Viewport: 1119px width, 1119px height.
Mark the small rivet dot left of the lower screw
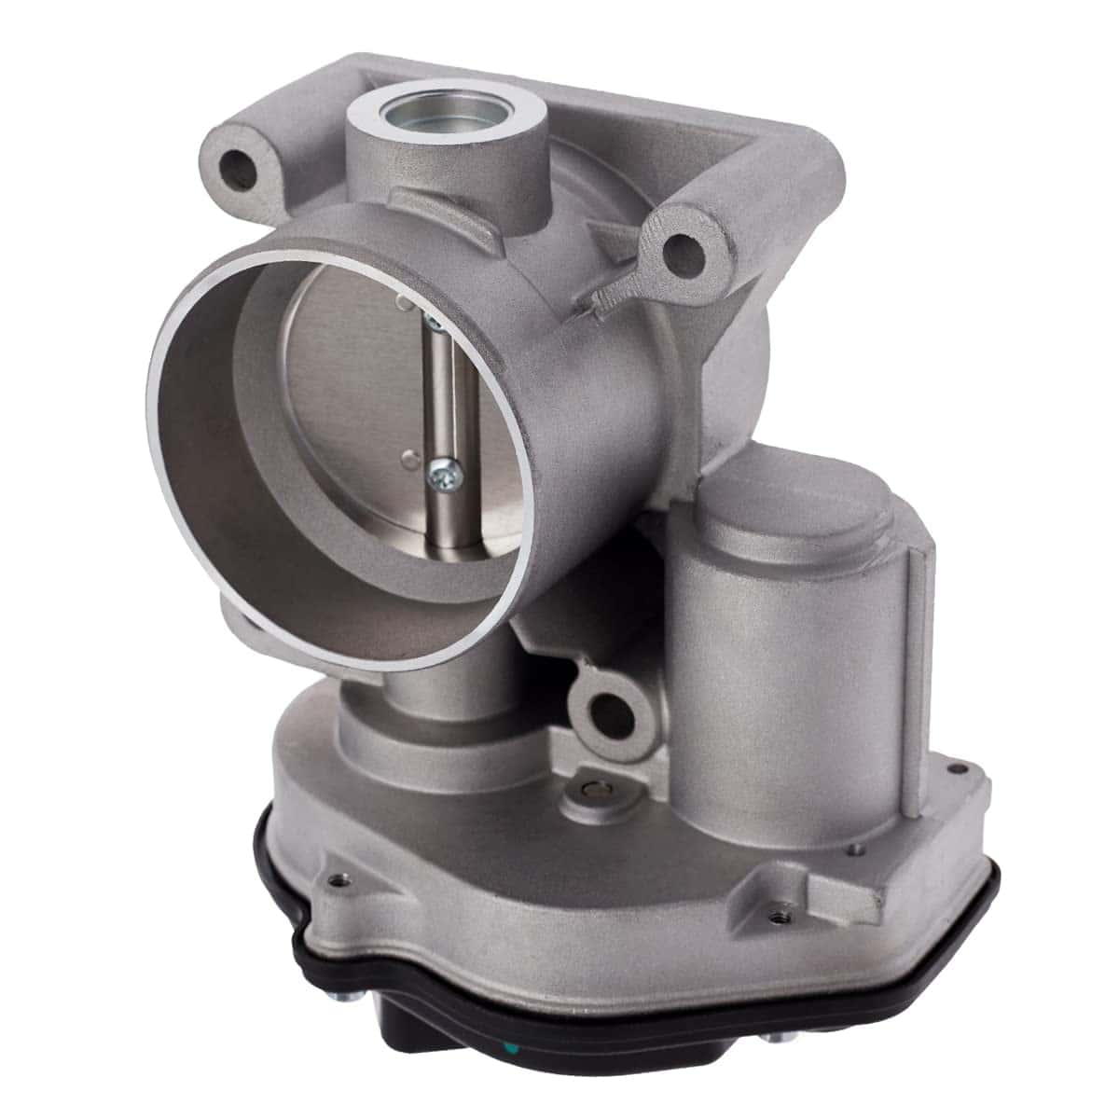408,458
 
